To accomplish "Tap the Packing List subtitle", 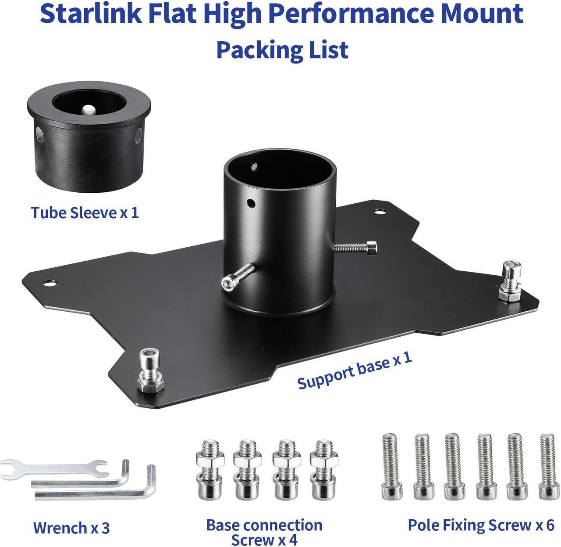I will [282, 50].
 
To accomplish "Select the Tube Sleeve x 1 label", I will [85, 213].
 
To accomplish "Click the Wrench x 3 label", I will [71, 527].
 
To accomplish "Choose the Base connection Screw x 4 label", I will [264, 532].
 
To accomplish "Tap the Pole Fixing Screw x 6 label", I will [481, 525].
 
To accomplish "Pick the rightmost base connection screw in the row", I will [323, 469].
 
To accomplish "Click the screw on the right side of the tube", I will [356, 248].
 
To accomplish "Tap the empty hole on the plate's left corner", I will [50, 282].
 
